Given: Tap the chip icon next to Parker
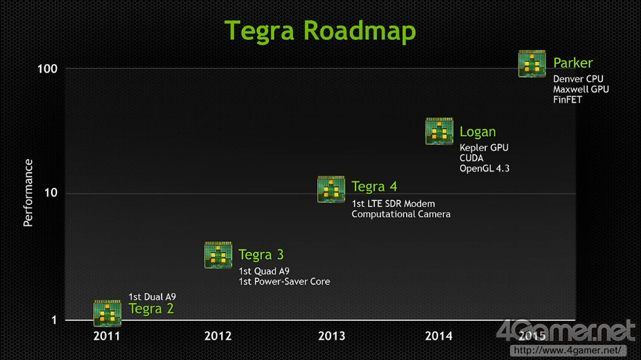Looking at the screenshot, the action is click(x=532, y=63).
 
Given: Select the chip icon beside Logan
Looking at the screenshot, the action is click(x=439, y=132).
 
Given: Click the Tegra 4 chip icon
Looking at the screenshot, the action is click(x=331, y=189).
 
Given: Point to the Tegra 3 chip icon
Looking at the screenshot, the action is click(x=218, y=255).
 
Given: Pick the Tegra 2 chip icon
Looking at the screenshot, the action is click(x=107, y=314).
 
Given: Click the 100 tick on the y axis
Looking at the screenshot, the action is click(x=47, y=69).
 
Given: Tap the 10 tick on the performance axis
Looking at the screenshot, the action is click(x=51, y=192).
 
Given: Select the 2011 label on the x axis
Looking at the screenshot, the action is click(x=107, y=336).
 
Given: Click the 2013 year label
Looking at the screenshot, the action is click(x=332, y=336).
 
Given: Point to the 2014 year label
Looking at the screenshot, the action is click(x=439, y=336).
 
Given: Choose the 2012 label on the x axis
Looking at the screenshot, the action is click(x=218, y=336).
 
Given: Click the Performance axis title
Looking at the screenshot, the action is click(x=27, y=192).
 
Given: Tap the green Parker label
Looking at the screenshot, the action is click(x=573, y=63).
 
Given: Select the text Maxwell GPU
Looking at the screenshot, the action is click(x=581, y=89).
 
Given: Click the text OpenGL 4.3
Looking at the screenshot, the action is click(x=485, y=169).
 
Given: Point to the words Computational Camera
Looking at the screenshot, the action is click(x=401, y=214).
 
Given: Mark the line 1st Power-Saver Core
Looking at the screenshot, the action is click(x=284, y=281).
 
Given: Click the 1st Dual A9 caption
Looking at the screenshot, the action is click(x=152, y=297).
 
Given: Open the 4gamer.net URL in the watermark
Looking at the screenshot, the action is click(x=568, y=350).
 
